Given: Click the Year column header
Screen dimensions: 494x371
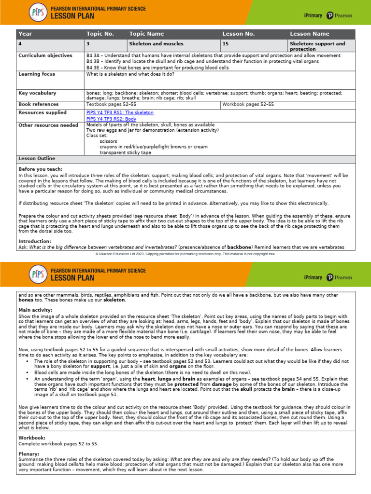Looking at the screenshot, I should click(x=25, y=34).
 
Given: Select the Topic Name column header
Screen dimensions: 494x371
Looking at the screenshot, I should click(x=147, y=34).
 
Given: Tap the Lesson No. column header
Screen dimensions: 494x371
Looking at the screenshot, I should click(x=238, y=34).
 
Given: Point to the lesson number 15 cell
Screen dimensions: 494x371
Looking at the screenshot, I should click(x=225, y=44).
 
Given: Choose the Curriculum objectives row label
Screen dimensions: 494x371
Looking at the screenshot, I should click(x=45, y=56).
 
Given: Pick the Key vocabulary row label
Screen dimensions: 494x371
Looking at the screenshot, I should click(x=37, y=93).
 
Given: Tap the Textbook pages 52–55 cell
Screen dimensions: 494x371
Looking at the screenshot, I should click(x=111, y=104).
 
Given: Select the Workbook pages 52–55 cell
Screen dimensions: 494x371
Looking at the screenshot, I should click(x=248, y=104).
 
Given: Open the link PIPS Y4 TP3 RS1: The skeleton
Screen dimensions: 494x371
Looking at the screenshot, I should click(x=120, y=113).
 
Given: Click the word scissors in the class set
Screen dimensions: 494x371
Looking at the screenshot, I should click(x=109, y=141).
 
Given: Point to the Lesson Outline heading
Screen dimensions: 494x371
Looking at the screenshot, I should click(x=37, y=159).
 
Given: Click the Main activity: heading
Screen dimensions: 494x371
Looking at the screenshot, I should click(x=35, y=310).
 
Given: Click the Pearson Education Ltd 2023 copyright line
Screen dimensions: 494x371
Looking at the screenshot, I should click(x=185, y=253).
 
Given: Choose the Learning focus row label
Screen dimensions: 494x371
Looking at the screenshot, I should click(x=37, y=74).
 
